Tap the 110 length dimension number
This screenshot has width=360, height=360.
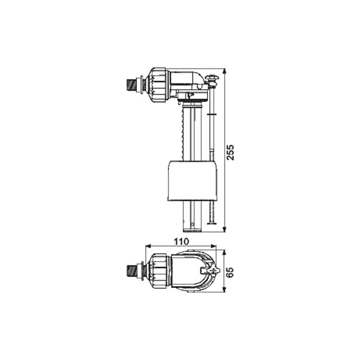click(180, 241)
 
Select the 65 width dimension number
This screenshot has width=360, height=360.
click(230, 271)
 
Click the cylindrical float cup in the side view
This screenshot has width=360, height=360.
click(193, 180)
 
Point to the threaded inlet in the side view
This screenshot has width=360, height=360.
click(132, 84)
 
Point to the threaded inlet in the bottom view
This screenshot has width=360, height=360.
click(132, 270)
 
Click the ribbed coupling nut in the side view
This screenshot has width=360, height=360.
click(158, 84)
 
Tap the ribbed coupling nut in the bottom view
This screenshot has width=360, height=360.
click(158, 270)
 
